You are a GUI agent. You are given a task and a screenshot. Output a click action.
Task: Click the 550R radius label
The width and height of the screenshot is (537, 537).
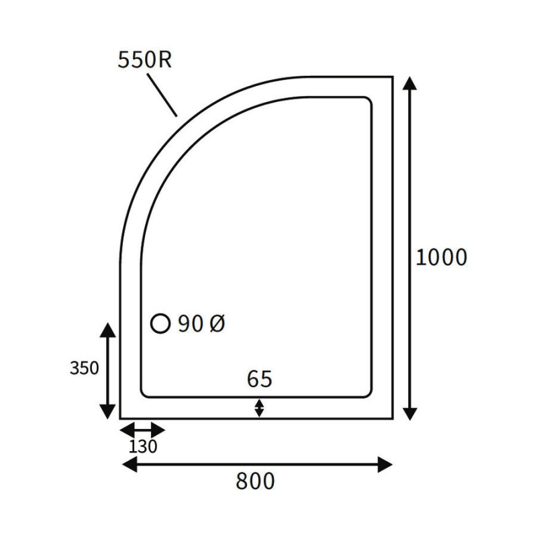144,60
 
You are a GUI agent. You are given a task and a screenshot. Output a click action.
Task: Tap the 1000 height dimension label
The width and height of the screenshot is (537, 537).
441,257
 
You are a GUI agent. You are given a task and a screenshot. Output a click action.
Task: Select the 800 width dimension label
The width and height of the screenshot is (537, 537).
255,481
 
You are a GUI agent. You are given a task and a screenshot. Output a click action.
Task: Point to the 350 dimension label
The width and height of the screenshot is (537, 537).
85,368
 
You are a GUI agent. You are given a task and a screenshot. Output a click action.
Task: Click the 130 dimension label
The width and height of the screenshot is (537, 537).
143,446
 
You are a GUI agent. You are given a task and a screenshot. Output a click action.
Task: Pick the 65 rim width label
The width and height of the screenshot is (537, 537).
260,379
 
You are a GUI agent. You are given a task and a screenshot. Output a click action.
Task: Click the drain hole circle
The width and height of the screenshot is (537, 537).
160,323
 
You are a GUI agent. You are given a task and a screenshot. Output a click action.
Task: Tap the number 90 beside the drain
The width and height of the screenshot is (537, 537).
191,324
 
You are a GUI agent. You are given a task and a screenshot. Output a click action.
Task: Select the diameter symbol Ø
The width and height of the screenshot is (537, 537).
217,324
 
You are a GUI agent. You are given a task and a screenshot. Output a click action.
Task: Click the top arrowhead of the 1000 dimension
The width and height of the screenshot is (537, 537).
409,83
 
